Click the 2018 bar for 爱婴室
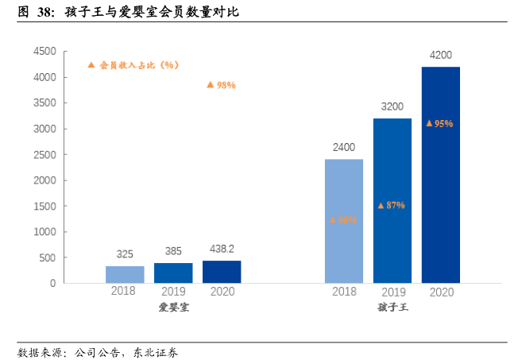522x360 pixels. click(125, 274)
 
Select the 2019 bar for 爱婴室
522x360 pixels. click(173, 273)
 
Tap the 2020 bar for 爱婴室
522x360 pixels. click(222, 271)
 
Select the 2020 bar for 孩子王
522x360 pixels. click(440, 175)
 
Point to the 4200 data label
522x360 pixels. click(440, 56)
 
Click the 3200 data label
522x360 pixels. click(392, 106)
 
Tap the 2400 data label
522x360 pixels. click(344, 147)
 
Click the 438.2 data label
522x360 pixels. click(222, 249)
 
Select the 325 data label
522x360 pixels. click(125, 254)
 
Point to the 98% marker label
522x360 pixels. click(221, 85)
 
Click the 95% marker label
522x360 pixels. click(439, 123)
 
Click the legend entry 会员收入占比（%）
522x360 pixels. click(133, 64)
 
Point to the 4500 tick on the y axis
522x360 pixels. click(44, 52)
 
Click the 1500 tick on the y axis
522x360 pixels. click(44, 206)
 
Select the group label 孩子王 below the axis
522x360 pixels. click(392, 307)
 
